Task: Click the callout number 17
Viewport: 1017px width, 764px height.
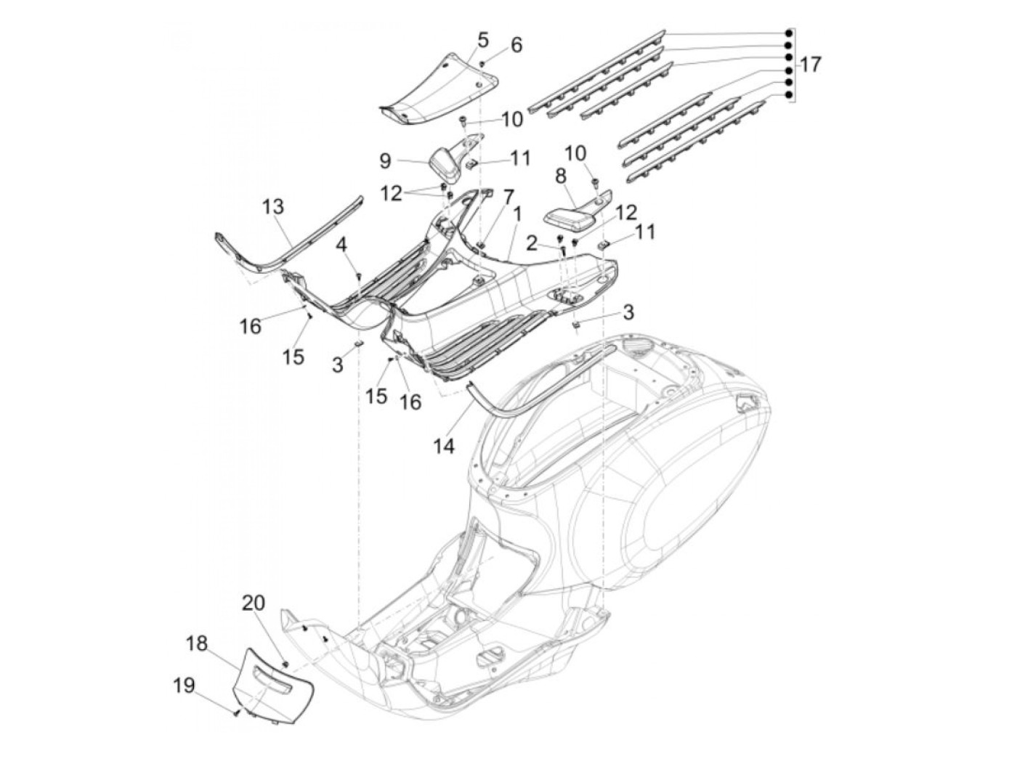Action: (811, 65)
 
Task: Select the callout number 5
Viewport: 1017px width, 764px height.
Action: (484, 39)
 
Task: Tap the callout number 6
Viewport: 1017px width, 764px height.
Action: (516, 45)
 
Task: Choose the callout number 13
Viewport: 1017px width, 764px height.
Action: (274, 206)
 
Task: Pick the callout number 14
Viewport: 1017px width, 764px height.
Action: (445, 447)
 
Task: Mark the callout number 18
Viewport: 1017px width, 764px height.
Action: (197, 643)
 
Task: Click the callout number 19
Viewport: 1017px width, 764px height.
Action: (184, 685)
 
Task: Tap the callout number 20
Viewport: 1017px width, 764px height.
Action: (254, 603)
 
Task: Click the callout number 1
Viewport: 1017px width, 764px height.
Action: (517, 214)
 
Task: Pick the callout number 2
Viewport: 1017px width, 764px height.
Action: (531, 243)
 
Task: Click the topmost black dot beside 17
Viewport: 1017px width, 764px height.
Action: (788, 34)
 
